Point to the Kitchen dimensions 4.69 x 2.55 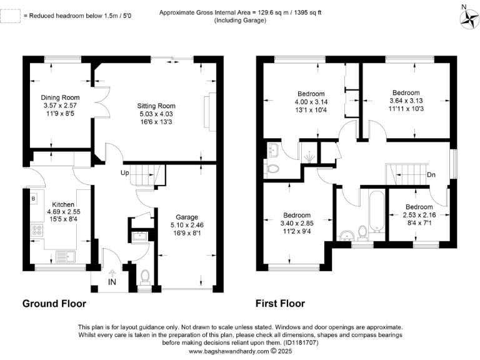pyautogui.click(x=63, y=212)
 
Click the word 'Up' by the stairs pyautogui.click(x=125, y=172)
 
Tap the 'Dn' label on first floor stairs pyautogui.click(x=431, y=175)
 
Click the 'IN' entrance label pyautogui.click(x=112, y=282)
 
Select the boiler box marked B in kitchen pyautogui.click(x=33, y=199)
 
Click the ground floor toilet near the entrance pyautogui.click(x=145, y=276)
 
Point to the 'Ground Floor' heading pyautogui.click(x=54, y=304)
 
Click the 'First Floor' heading pyautogui.click(x=280, y=304)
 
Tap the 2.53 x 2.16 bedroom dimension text pyautogui.click(x=419, y=214)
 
